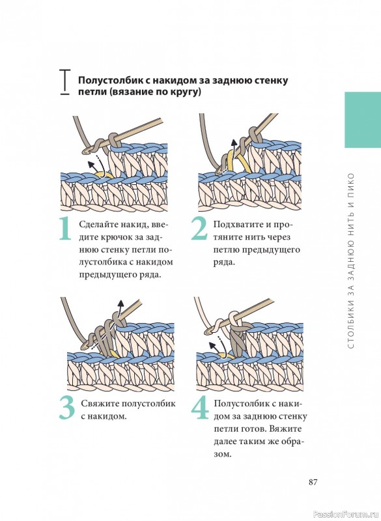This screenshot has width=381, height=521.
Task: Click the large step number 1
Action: (65, 229)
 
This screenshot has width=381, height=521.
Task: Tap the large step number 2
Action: (200, 229)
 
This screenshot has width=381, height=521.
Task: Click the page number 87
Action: (313, 482)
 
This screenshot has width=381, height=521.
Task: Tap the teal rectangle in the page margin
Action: (363, 120)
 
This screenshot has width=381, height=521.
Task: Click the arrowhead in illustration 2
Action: (234, 143)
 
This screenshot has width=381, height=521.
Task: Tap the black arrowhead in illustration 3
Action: (120, 303)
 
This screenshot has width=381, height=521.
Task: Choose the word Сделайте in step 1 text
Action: (97, 225)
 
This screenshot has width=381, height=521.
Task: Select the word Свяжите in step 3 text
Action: (100, 404)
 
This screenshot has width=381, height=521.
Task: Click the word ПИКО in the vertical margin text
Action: (352, 184)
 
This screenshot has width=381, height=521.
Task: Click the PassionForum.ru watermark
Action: (346, 514)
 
